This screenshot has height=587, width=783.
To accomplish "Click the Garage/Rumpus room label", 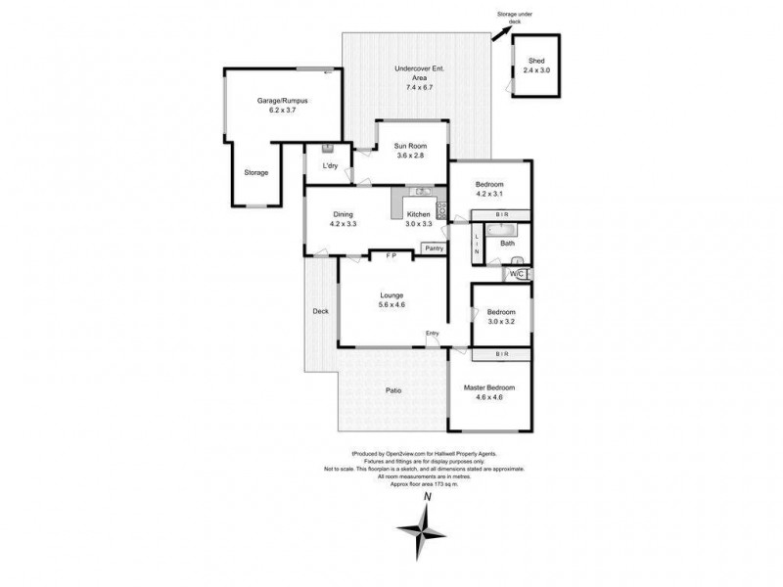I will tap(276, 100).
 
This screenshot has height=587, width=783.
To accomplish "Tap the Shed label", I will tap(535, 61).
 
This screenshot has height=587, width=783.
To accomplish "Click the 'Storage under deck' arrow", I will tap(499, 33).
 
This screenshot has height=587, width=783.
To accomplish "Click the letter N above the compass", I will tap(426, 497).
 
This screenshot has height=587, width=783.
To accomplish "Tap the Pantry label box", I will tap(434, 248).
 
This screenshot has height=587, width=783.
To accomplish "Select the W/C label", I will tap(518, 275).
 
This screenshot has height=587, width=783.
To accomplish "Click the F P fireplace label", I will tap(391, 255).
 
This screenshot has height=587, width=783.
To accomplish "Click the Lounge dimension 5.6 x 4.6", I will tap(391, 305).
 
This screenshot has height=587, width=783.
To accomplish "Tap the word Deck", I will tap(320, 312).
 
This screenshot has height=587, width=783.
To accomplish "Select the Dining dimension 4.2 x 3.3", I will tap(343, 224).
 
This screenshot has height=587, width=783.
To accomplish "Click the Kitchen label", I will tap(419, 214).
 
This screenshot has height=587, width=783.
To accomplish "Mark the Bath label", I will tap(507, 243).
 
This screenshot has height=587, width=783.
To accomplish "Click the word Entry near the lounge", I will tap(432, 334).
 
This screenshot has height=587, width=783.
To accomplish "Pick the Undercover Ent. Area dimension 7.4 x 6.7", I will tap(413, 88).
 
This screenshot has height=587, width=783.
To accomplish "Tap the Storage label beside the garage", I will tap(256, 173).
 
